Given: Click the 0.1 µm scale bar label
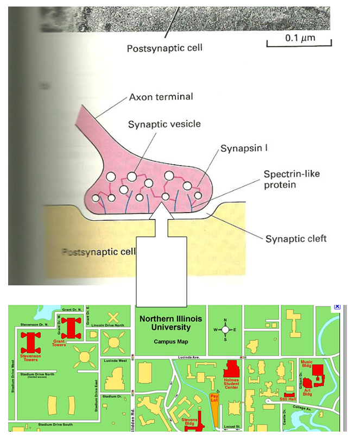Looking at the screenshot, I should (x=300, y=39).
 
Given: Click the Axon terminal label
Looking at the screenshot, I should (x=161, y=97).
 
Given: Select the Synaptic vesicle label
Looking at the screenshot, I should (x=164, y=124).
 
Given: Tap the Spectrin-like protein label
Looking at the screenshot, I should (x=292, y=179).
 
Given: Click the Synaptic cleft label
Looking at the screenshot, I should (x=296, y=239).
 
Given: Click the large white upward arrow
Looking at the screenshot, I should (x=161, y=255).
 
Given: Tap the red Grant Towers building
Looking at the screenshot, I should (x=71, y=328).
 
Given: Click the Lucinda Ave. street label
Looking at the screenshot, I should (x=190, y=357).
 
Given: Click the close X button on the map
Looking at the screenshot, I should (x=337, y=307).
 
